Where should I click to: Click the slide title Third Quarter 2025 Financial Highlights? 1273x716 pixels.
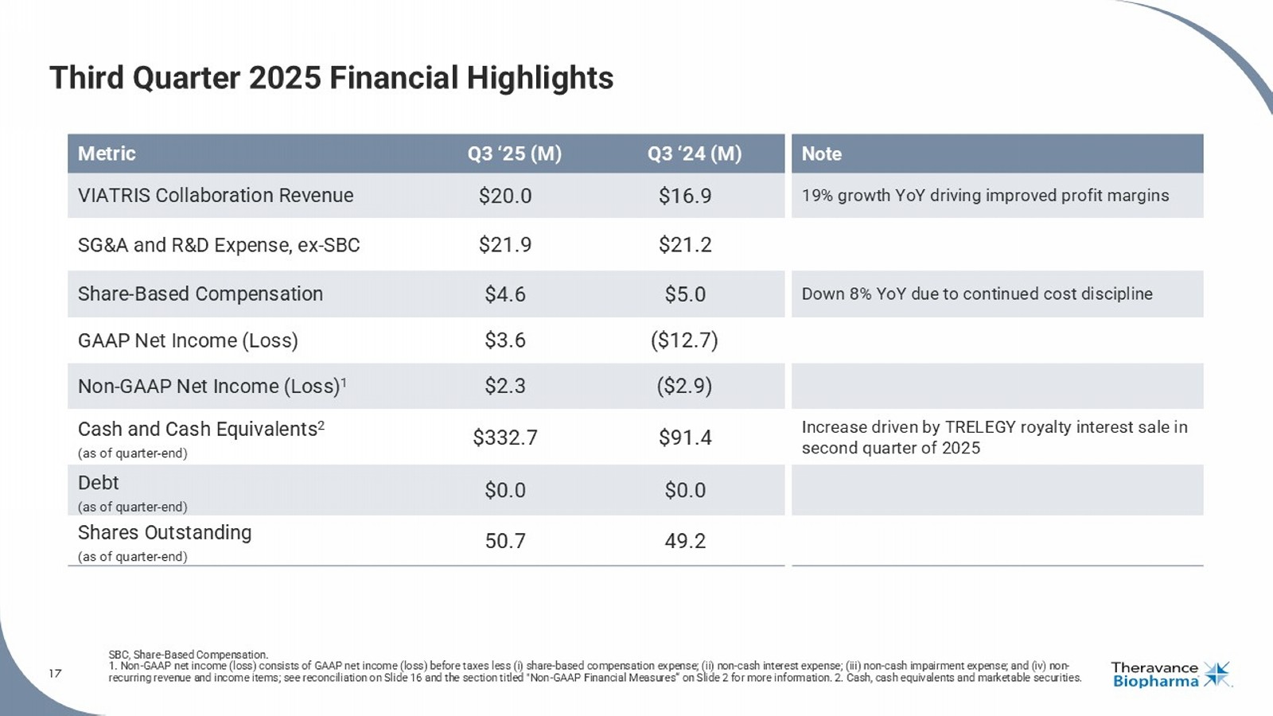[331, 78]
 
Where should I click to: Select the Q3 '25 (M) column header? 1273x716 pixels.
[514, 154]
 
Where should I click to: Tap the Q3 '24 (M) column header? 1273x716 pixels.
[694, 154]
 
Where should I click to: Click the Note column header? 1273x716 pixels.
[821, 154]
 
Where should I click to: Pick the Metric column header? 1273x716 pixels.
[107, 154]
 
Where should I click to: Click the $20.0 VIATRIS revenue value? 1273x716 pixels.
[505, 196]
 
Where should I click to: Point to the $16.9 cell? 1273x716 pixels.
[685, 196]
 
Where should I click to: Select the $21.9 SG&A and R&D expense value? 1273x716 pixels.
[505, 245]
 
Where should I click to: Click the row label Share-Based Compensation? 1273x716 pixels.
[200, 294]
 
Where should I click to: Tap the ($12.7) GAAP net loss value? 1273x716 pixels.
[684, 340]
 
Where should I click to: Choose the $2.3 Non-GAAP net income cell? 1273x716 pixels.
[505, 386]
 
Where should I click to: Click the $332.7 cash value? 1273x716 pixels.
[505, 438]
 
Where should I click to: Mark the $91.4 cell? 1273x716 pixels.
[685, 438]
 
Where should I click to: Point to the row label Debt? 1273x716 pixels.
[99, 483]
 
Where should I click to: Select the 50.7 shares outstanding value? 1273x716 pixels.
[505, 541]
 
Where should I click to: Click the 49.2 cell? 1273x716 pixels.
[685, 541]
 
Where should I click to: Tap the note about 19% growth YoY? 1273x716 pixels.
[985, 196]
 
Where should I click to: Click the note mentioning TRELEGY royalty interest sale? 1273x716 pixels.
[995, 438]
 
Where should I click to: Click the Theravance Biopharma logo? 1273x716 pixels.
[1170, 674]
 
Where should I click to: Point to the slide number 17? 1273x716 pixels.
[55, 674]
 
